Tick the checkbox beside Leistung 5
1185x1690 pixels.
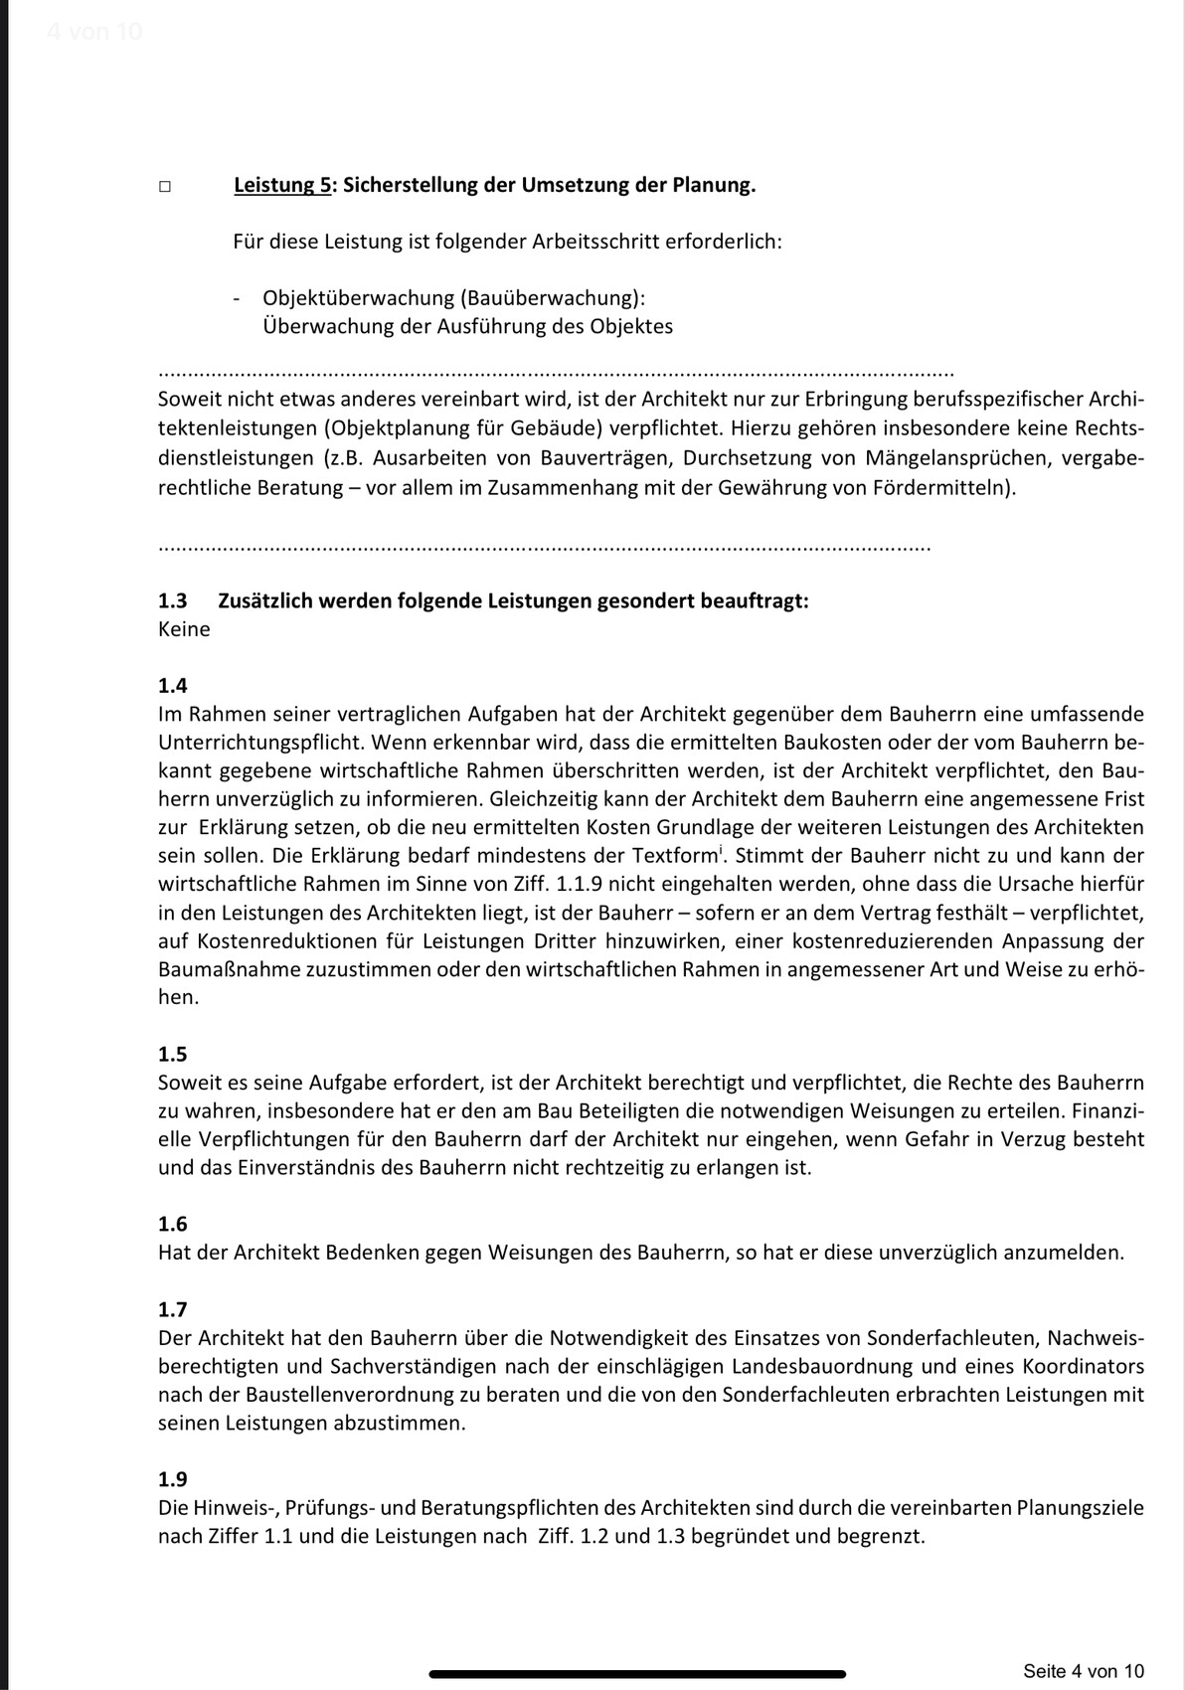pos(164,187)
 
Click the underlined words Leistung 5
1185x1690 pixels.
pos(282,185)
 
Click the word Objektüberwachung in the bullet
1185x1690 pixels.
pos(352,298)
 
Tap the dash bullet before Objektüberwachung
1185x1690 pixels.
pos(237,298)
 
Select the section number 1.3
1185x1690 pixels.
pos(173,601)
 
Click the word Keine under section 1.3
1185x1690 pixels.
pos(184,629)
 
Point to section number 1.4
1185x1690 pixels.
pos(173,686)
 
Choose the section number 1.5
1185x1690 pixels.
pos(173,1054)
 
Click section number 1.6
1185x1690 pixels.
pos(173,1224)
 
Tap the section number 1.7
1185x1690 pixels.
pos(173,1309)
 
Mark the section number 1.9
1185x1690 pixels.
pos(173,1479)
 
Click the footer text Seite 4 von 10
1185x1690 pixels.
pos(1084,1670)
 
